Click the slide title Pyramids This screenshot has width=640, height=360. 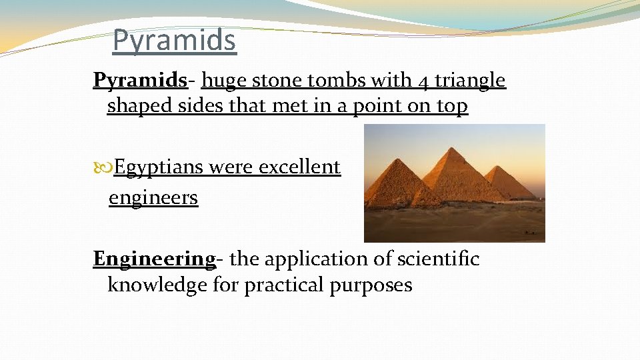[174, 41]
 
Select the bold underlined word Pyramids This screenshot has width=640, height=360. [140, 81]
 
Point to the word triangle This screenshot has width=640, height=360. [471, 81]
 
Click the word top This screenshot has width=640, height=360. [451, 106]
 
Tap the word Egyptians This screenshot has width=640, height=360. [158, 167]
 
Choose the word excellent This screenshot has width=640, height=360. [299, 167]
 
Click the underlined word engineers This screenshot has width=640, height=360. [153, 198]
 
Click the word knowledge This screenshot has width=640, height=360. [150, 285]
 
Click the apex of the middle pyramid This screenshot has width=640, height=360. [456, 148]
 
